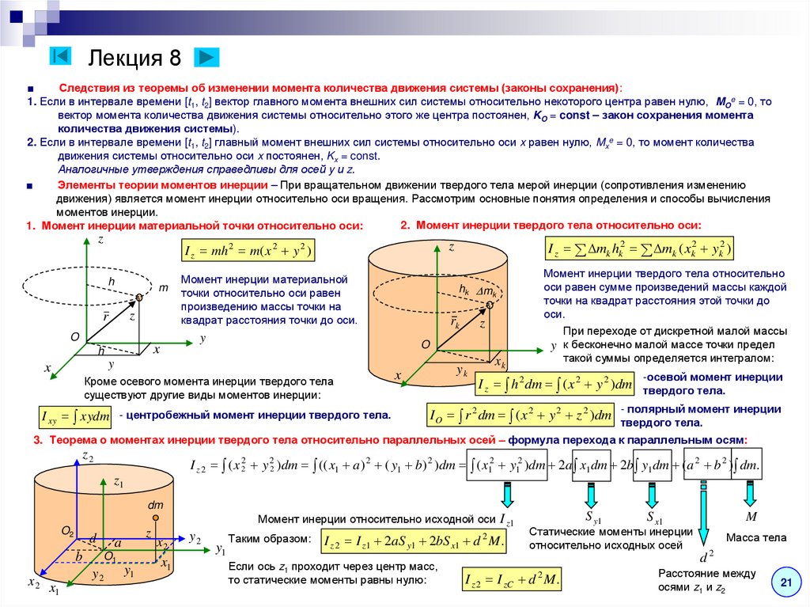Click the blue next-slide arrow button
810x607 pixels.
click(x=206, y=57)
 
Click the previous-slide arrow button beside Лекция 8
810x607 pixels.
click(x=61, y=56)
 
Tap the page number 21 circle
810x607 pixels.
click(x=785, y=584)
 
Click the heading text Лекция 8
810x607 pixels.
click(x=134, y=58)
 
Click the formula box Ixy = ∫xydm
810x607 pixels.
click(x=74, y=417)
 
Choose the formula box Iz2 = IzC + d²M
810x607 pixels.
click(x=513, y=581)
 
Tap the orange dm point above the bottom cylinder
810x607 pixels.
click(x=156, y=518)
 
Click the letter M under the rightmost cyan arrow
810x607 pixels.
click(x=751, y=517)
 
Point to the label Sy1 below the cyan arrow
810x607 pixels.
click(x=593, y=519)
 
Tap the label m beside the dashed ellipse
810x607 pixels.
click(x=163, y=288)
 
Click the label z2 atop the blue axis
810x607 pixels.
click(x=88, y=457)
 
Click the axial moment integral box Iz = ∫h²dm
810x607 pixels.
click(x=555, y=385)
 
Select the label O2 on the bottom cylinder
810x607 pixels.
click(x=67, y=529)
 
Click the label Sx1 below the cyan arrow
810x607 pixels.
click(x=654, y=519)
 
